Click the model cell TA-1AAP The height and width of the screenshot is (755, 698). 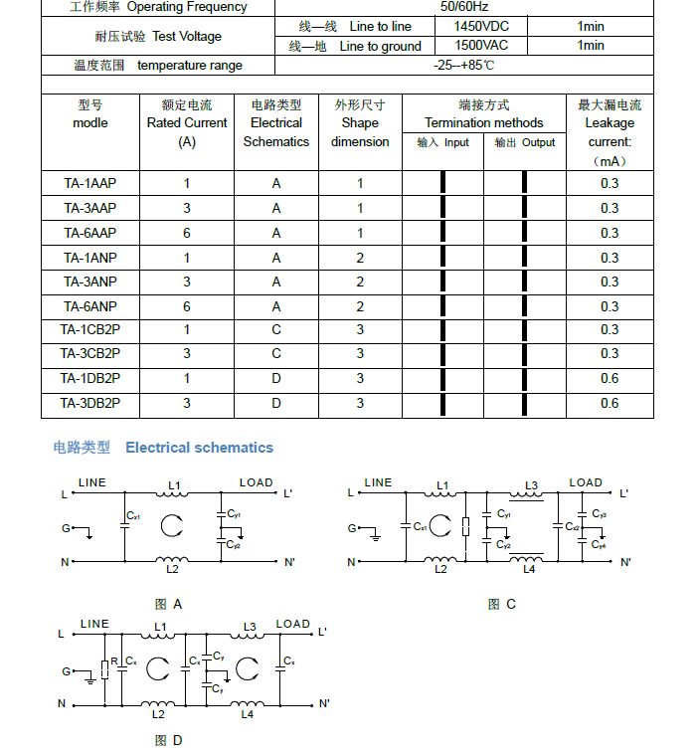[90, 183]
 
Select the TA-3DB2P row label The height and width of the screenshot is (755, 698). [90, 403]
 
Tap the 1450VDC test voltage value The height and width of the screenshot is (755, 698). [481, 26]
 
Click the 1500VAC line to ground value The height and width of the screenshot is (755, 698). [481, 46]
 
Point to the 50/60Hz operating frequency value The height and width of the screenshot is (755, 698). [464, 7]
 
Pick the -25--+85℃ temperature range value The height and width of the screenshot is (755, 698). [464, 66]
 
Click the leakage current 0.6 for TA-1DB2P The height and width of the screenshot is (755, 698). [610, 378]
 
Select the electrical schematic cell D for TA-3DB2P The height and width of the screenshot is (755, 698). [276, 403]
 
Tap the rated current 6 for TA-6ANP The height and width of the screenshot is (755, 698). [187, 306]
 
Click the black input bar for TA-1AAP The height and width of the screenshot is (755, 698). [442, 183]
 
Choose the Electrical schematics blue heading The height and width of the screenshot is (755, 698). [199, 448]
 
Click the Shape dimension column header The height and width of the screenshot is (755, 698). [360, 123]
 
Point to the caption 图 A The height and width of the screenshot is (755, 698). [168, 604]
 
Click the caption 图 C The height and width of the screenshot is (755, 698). [501, 604]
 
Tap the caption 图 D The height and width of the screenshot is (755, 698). [168, 740]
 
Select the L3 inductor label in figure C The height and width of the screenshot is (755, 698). [531, 486]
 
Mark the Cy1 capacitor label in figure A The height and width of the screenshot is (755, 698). [234, 513]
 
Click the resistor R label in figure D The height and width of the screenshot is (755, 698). [113, 661]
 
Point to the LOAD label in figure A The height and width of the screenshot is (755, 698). [256, 482]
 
